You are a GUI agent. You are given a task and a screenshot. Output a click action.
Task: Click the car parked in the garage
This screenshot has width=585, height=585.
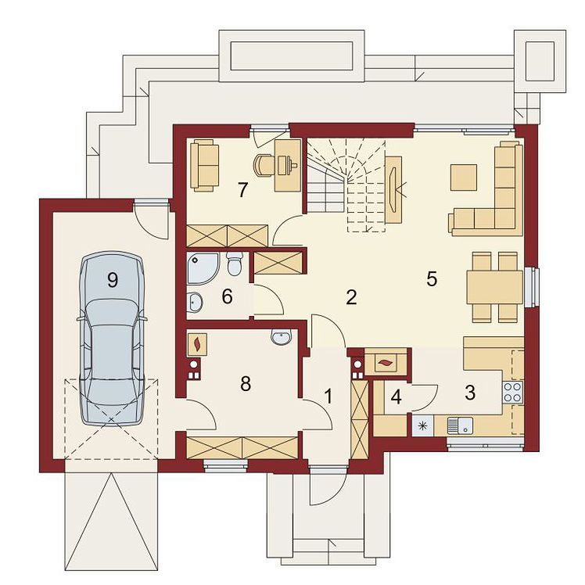112,339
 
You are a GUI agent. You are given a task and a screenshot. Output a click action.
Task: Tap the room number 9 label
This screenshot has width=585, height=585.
113,279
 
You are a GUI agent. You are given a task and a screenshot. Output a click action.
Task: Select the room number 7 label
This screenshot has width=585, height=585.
243,190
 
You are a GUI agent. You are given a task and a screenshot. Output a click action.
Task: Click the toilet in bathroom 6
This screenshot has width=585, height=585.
235,263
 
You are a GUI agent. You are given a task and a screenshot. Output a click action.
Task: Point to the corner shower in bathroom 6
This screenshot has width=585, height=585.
203,268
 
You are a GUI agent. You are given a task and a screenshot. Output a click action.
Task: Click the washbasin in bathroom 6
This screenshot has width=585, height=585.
195,301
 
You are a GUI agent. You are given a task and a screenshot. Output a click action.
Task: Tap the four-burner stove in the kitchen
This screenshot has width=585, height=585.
512,392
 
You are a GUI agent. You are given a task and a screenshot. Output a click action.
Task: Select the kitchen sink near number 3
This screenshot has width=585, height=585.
460,425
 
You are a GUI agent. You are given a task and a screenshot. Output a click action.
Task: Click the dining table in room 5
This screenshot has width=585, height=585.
495,287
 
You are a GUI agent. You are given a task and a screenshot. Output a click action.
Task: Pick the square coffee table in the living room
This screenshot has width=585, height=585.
464,178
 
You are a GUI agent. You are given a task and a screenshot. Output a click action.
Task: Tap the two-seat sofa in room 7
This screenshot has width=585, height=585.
204,165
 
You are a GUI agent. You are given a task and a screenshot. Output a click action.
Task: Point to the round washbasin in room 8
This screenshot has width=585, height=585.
282,336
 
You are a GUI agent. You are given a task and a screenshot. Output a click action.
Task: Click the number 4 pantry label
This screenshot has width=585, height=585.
396,397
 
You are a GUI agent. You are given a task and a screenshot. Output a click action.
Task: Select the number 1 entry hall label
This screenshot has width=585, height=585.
328,397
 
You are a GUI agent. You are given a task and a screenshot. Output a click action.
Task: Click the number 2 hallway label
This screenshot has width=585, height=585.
351,297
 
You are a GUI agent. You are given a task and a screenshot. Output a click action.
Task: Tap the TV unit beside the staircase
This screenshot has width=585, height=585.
393,190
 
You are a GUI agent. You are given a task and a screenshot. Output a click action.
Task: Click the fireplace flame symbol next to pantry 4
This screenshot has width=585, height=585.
384,362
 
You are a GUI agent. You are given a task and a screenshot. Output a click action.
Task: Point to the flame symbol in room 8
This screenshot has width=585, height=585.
196,343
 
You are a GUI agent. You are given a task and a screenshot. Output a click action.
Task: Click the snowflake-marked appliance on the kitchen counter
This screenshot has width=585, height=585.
422,425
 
